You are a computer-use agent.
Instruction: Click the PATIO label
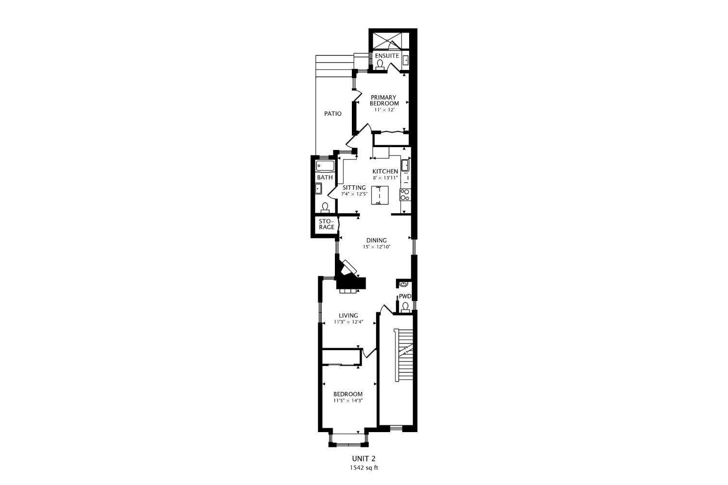point(332,114)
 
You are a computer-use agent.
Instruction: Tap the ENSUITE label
point(386,56)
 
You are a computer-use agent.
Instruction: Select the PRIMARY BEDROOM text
point(384,100)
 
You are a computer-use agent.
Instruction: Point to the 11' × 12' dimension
point(384,110)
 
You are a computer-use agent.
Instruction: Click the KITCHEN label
point(385,171)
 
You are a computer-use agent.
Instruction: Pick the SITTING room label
point(354,187)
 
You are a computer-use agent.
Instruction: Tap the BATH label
point(325,178)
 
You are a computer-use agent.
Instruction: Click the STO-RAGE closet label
point(326,224)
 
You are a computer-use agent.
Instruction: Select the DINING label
point(376,240)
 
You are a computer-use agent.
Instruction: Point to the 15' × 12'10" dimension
point(376,247)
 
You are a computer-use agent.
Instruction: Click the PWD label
point(405,297)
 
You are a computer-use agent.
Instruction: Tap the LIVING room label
point(348,316)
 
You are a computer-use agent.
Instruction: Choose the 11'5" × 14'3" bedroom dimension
point(348,401)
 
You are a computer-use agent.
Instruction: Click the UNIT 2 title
point(364,458)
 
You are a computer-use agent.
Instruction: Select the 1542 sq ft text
point(364,468)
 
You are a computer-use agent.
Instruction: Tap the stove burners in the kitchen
point(404,194)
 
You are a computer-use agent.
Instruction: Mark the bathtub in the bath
point(325,167)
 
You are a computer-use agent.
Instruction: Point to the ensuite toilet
point(380,65)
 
